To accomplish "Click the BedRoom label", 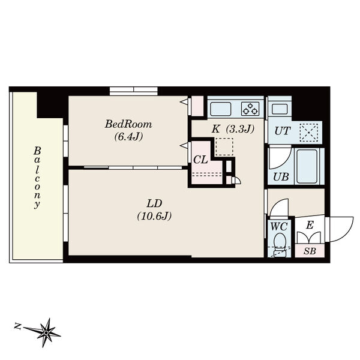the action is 128,124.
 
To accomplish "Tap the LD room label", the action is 155,203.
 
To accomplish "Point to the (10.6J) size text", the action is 154,216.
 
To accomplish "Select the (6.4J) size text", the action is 128,137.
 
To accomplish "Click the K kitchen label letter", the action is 215,129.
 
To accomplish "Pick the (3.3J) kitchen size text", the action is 240,129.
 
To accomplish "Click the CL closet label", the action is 200,160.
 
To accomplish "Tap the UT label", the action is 283,131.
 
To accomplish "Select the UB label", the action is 281,177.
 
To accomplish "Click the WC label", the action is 279,227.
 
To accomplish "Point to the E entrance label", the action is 310,225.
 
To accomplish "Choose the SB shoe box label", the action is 310,251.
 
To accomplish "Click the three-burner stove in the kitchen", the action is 250,109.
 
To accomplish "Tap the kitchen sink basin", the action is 221,109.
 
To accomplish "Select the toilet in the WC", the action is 280,244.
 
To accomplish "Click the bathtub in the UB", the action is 307,166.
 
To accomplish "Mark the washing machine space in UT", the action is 309,133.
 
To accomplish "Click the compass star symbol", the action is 46,332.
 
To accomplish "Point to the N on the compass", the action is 17,326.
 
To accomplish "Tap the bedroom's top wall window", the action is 134,91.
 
